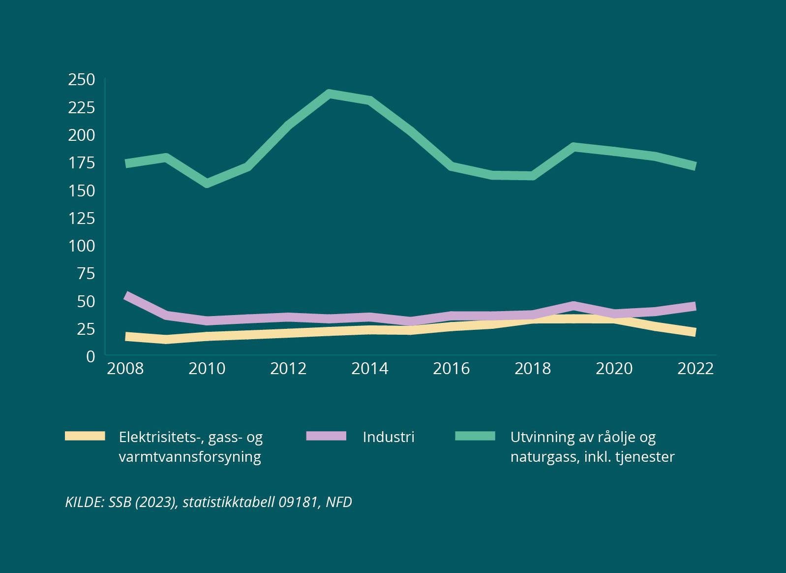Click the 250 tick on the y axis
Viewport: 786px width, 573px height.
point(81,79)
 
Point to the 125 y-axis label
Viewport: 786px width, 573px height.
point(81,218)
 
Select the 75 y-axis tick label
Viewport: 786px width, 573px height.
point(86,273)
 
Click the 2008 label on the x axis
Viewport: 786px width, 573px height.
point(125,368)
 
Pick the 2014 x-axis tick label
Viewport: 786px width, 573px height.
point(369,368)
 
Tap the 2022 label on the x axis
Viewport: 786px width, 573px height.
point(695,368)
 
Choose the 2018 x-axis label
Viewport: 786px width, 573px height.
point(532,368)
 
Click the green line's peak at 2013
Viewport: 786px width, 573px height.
point(329,94)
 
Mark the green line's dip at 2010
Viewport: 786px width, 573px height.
point(207,183)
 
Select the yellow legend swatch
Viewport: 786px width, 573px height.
point(85,436)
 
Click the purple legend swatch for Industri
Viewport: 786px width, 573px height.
point(326,436)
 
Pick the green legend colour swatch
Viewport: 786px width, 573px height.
point(475,436)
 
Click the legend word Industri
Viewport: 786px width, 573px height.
point(389,437)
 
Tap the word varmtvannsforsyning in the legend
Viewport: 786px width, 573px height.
point(190,456)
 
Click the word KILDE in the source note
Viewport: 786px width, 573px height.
point(84,502)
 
